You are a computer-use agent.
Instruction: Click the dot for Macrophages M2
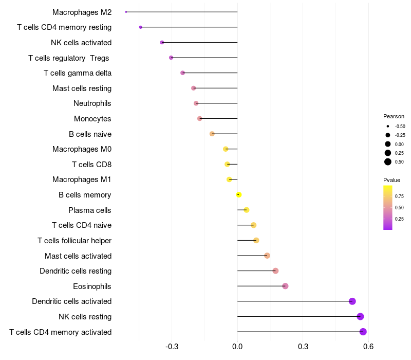[126, 12]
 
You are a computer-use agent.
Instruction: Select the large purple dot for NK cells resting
[360, 316]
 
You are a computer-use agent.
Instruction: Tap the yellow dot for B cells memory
[239, 194]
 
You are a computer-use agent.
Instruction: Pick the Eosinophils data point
[285, 286]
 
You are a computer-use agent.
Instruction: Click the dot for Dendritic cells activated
[352, 301]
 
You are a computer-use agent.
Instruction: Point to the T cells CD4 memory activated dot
[363, 332]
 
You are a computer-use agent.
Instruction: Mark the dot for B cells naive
[212, 134]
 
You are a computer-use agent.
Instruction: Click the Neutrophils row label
[92, 103]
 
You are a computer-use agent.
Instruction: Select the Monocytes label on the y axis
[92, 119]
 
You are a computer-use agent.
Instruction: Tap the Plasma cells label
[90, 210]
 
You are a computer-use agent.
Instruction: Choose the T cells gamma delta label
[78, 73]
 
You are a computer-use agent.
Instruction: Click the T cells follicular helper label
[74, 240]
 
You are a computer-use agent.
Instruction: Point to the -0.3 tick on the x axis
[172, 347]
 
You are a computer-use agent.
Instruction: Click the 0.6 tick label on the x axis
[368, 347]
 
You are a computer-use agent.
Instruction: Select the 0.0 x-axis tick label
[237, 347]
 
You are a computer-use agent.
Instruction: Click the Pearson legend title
[394, 116]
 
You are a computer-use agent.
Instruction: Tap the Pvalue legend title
[391, 180]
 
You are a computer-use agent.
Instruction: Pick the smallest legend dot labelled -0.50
[388, 126]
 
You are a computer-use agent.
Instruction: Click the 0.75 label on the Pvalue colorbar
[399, 196]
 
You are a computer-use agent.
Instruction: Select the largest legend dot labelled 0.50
[388, 161]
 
